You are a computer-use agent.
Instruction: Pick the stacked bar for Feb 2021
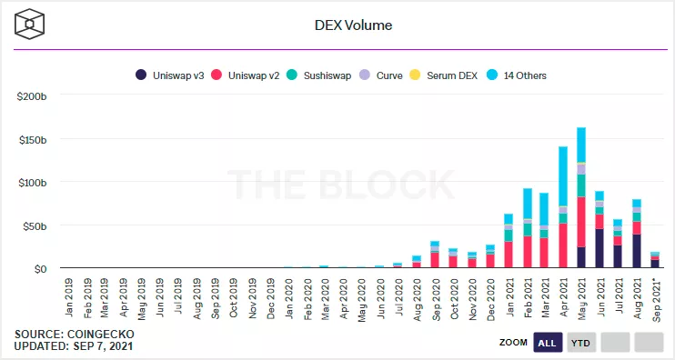point(527,228)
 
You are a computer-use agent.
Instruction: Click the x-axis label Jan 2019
point(68,293)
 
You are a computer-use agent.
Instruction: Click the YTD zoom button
point(580,343)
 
